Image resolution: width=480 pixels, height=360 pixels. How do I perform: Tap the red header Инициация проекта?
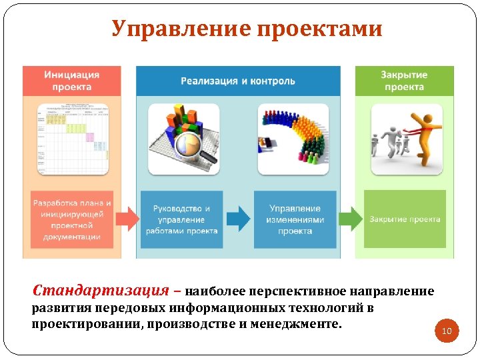tap(72, 81)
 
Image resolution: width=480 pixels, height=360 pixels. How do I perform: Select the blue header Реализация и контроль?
tap(237, 81)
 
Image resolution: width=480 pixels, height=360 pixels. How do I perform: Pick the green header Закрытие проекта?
tap(404, 81)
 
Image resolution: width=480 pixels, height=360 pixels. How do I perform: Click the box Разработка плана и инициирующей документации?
tap(71, 219)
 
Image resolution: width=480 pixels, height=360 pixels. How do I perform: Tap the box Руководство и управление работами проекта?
tap(181, 219)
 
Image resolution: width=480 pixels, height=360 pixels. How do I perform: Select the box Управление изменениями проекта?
tap(295, 219)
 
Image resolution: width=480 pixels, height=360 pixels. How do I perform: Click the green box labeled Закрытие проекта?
tap(405, 219)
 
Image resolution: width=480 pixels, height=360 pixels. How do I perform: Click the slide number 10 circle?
tap(447, 331)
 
